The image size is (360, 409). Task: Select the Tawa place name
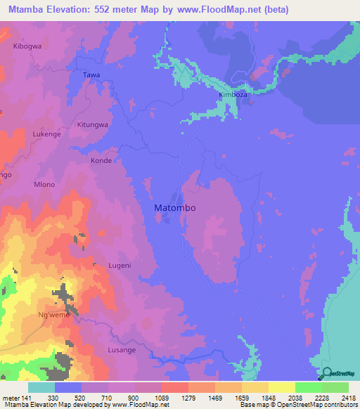(91, 74)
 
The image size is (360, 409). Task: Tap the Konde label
(101, 160)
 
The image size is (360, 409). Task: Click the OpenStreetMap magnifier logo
(327, 372)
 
